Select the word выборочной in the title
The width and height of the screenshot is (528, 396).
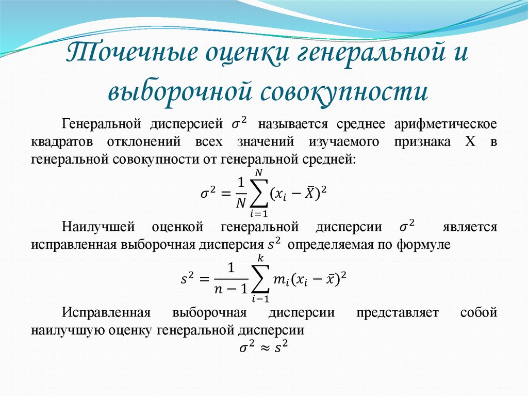178,91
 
